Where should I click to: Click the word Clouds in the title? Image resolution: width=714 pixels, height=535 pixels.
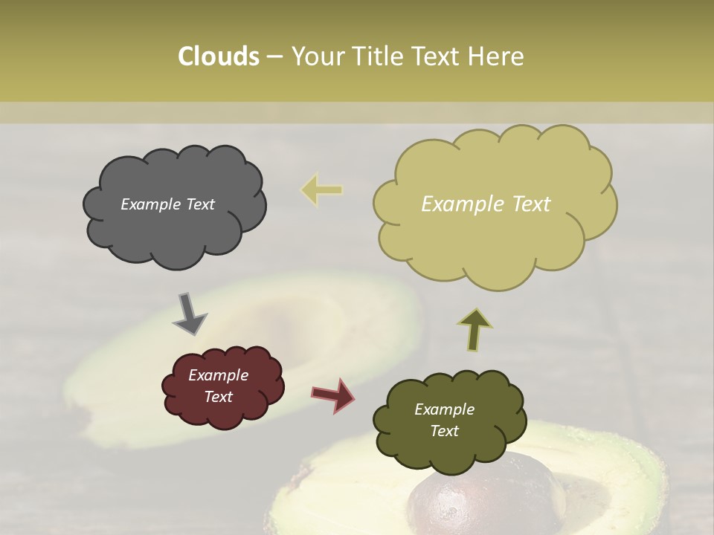218,56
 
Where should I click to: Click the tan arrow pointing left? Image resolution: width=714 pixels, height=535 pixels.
322,190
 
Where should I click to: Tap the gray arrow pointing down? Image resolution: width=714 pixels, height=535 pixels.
190,314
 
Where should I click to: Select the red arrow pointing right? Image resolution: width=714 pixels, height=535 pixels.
333,395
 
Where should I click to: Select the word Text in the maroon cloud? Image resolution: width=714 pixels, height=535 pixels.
219,397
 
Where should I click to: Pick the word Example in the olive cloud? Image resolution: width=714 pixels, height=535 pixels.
444,409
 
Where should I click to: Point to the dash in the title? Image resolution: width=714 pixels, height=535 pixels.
274,56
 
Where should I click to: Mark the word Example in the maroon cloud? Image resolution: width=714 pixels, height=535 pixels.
219,375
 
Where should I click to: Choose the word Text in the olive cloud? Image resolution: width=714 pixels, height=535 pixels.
444,431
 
